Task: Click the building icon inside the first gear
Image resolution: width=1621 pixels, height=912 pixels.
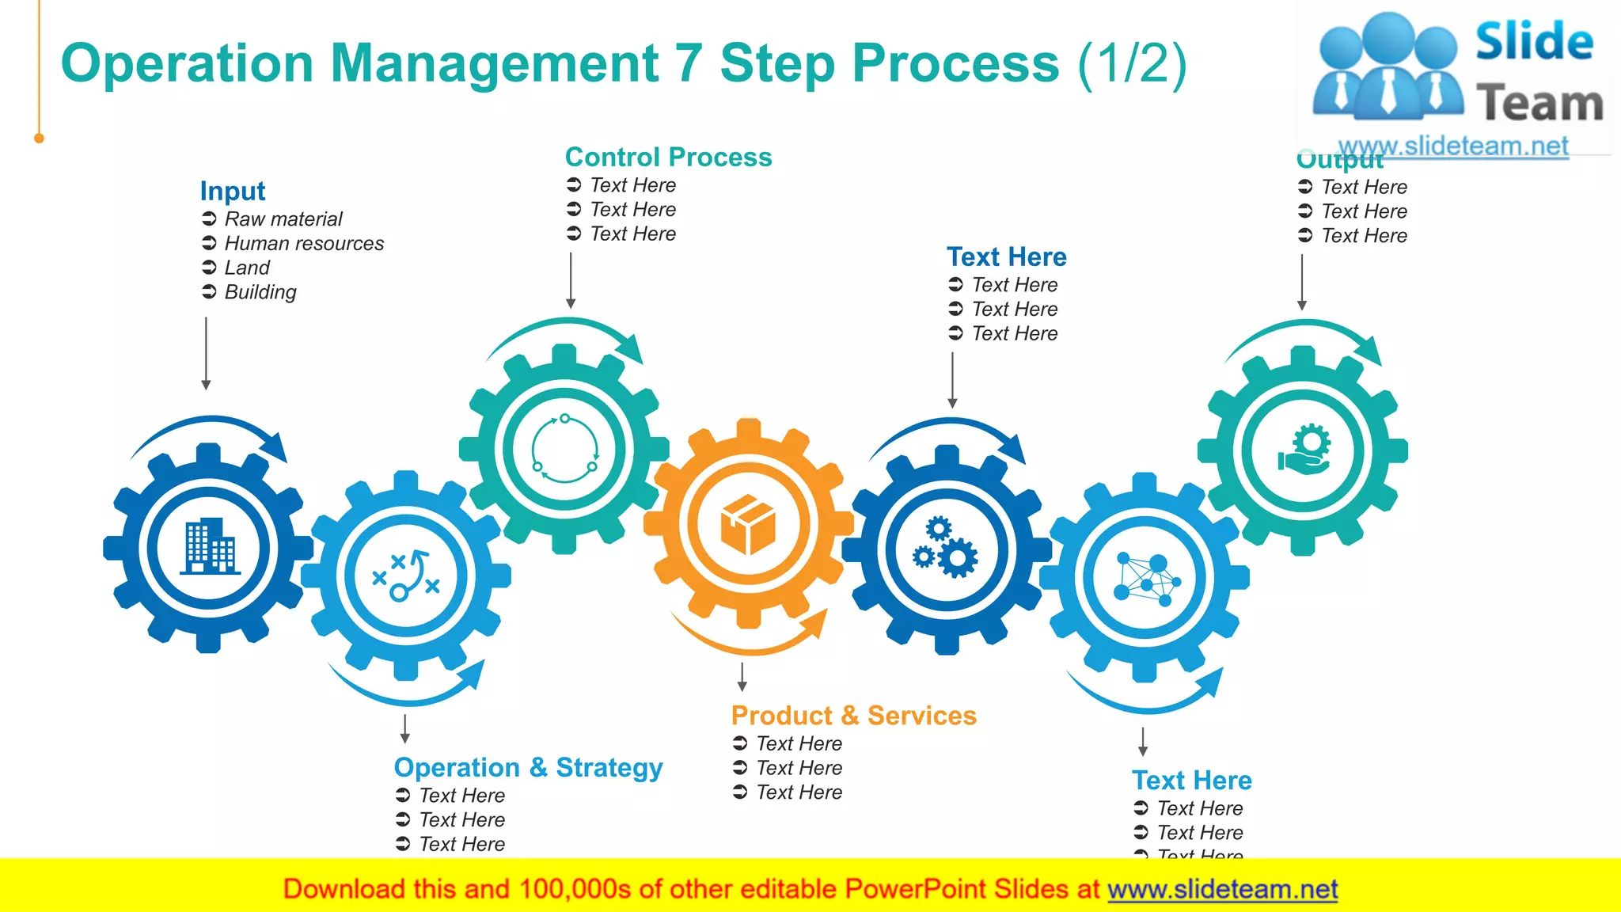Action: (209, 546)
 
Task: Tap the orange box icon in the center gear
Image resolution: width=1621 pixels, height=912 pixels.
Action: (748, 524)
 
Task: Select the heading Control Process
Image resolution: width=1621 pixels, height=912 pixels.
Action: (668, 157)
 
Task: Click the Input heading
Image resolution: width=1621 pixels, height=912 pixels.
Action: (232, 191)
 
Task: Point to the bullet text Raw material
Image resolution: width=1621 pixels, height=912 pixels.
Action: (283, 218)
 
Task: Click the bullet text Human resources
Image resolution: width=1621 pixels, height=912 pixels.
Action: (304, 243)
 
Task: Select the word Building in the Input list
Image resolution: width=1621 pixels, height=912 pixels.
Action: (260, 292)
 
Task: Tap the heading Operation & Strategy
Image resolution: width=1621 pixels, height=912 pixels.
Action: (528, 767)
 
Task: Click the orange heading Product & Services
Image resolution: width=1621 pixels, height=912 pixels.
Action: (853, 715)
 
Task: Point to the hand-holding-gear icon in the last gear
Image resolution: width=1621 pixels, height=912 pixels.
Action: (1304, 450)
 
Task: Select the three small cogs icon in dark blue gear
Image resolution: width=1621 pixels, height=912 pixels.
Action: (946, 548)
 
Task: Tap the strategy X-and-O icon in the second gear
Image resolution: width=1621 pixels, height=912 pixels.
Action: (406, 576)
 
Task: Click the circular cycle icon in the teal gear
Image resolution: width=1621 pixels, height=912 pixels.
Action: (564, 449)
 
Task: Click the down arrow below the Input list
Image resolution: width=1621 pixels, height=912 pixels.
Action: (206, 353)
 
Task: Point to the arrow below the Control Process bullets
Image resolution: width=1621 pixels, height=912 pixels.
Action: (571, 280)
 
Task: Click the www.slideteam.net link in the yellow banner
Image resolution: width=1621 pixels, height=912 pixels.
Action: (1222, 889)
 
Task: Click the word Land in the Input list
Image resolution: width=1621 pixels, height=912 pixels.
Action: (247, 268)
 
